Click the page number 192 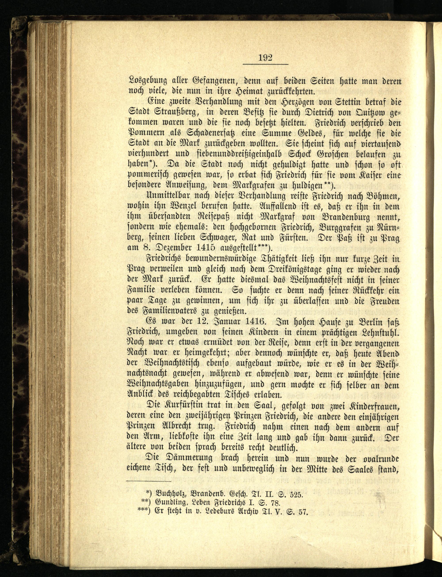click(265, 58)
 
